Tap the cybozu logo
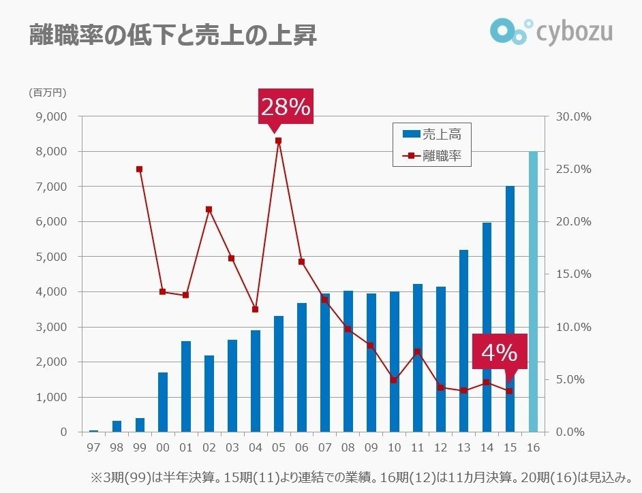tap(551, 30)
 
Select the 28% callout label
tap(286, 106)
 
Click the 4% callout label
tap(500, 352)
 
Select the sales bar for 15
tap(510, 309)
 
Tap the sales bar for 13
tap(463, 340)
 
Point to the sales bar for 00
tap(163, 402)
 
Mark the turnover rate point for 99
tap(139, 169)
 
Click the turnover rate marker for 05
tap(278, 141)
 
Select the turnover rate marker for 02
tap(209, 209)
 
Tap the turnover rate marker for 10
tap(394, 380)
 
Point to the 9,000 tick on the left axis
tap(50, 116)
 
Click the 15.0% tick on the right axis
tap(573, 274)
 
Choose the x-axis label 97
tap(93, 449)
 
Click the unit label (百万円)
tap(47, 93)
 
